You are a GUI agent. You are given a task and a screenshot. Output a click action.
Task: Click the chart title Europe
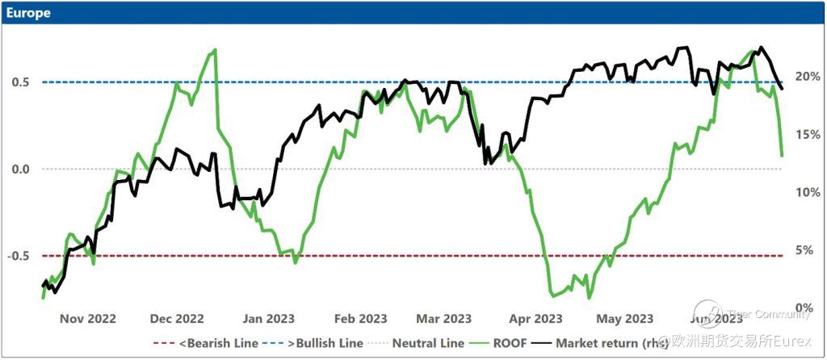pyautogui.click(x=28, y=13)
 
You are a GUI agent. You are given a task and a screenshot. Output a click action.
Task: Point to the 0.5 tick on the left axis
pyautogui.click(x=20, y=82)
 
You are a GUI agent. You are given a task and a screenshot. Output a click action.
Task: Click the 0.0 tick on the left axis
pyautogui.click(x=20, y=169)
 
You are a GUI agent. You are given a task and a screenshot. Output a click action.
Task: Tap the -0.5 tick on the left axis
pyautogui.click(x=19, y=256)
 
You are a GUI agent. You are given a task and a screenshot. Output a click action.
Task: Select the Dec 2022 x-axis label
pyautogui.click(x=176, y=319)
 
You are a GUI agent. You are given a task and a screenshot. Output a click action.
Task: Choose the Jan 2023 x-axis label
pyautogui.click(x=268, y=319)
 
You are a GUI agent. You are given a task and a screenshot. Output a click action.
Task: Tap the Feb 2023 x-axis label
pyautogui.click(x=360, y=319)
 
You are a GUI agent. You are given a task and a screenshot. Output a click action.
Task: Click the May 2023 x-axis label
pyautogui.click(x=626, y=319)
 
